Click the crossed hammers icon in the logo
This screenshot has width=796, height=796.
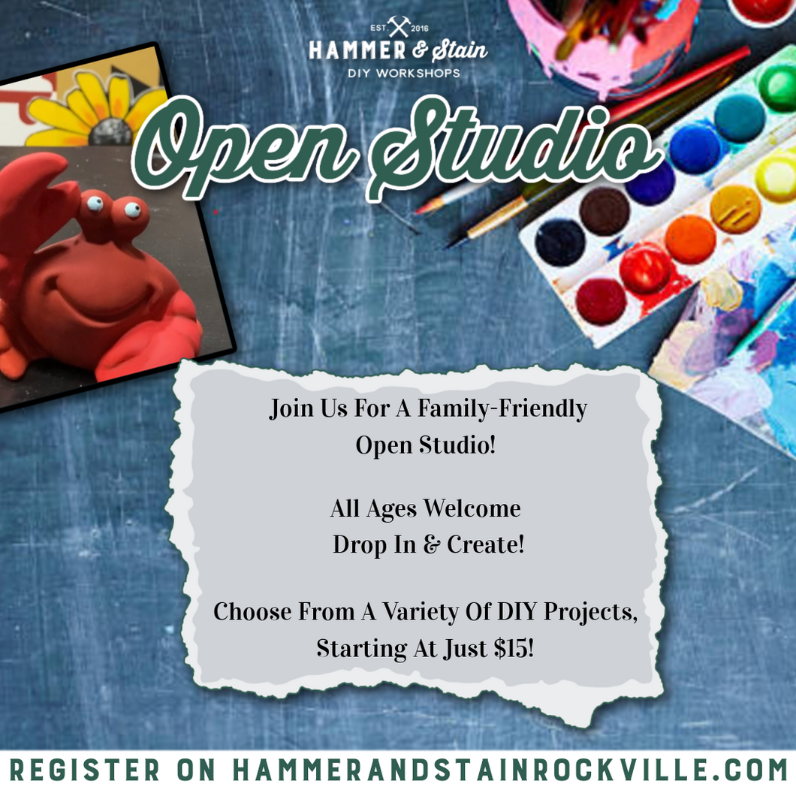tap(399, 26)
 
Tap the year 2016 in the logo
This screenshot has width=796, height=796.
tap(419, 29)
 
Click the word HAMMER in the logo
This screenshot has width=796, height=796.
tap(357, 50)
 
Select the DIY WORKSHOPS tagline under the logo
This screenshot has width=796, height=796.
tap(404, 73)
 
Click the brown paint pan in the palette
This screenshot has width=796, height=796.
tap(604, 211)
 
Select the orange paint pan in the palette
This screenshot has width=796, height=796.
tap(690, 239)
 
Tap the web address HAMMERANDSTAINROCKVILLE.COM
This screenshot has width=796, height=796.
tap(510, 770)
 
